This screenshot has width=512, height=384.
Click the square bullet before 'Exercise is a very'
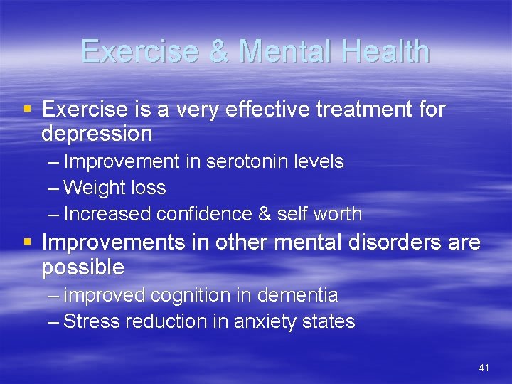(28, 110)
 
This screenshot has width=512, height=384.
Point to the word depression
(97, 133)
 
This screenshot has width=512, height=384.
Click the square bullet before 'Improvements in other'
(28, 242)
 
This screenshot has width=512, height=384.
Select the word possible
(82, 267)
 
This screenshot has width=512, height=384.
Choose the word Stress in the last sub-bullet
(92, 321)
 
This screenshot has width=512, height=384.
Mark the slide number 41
(484, 368)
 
